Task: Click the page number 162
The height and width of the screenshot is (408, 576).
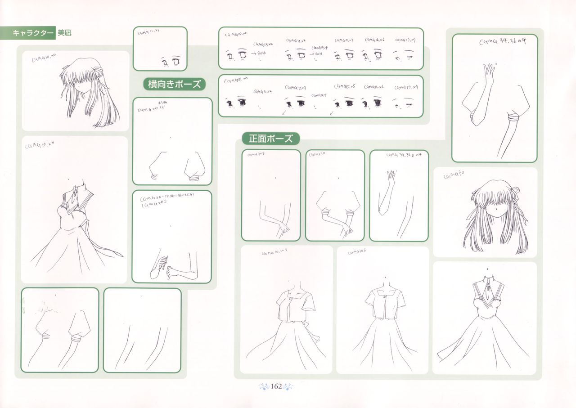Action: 276,386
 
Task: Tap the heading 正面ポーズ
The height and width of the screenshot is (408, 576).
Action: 270,139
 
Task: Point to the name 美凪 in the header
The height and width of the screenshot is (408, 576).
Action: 65,33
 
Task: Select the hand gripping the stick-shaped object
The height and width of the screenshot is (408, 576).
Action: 162,263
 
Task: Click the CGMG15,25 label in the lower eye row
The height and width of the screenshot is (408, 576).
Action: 345,86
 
